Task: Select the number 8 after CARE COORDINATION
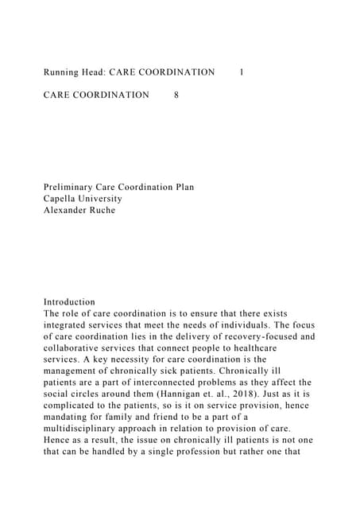click(x=176, y=95)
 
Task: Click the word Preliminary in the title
click(x=72, y=188)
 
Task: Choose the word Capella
click(x=62, y=199)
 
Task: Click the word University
click(x=103, y=199)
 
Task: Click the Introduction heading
click(x=69, y=302)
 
